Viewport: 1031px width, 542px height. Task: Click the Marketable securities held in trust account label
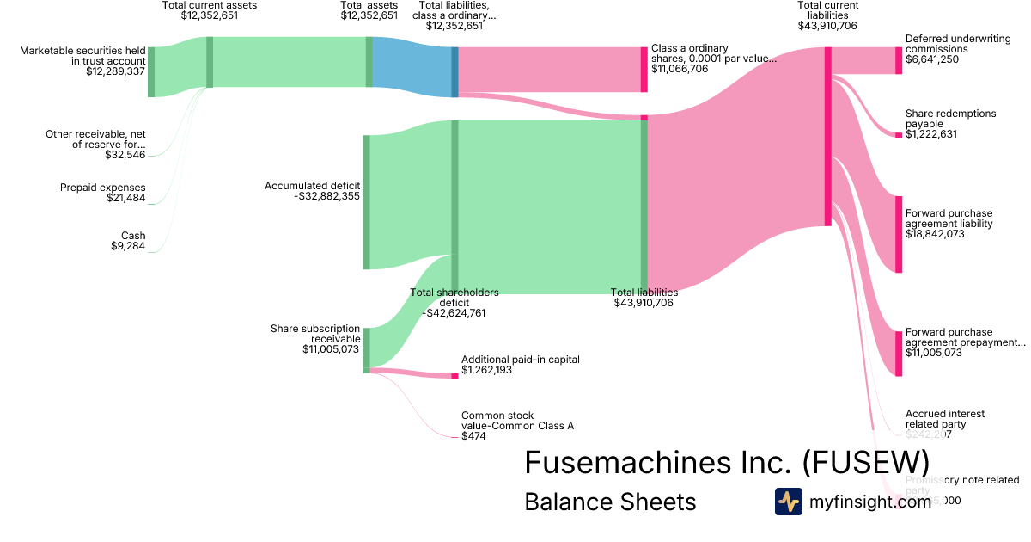(x=83, y=56)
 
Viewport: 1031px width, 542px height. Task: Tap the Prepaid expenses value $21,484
(x=128, y=199)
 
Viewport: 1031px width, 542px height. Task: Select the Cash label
(x=133, y=236)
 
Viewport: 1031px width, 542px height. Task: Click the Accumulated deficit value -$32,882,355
(x=326, y=196)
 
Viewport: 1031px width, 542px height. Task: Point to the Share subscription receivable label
(x=315, y=334)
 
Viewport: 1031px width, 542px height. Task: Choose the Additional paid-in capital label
(x=520, y=360)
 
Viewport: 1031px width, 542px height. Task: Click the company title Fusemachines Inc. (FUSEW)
(x=727, y=462)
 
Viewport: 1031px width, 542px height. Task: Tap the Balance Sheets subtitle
(x=610, y=502)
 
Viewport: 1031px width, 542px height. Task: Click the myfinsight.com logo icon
(x=788, y=502)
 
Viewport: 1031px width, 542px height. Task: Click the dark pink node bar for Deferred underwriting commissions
(x=899, y=60)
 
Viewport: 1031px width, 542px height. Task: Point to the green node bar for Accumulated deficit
(x=366, y=201)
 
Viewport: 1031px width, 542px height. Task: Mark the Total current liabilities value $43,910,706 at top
(x=827, y=26)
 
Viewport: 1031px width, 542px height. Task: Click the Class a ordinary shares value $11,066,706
(x=680, y=69)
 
